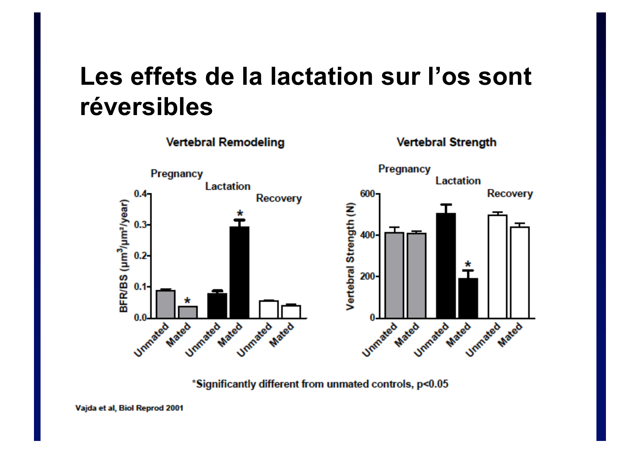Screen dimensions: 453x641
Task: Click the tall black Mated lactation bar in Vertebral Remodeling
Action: [x=240, y=272]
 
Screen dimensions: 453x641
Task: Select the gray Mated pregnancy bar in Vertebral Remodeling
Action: [x=188, y=312]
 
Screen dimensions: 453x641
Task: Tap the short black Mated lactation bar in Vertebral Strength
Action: [x=468, y=298]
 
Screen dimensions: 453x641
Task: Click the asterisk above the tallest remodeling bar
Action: [x=240, y=214]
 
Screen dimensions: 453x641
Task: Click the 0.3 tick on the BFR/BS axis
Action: [x=140, y=225]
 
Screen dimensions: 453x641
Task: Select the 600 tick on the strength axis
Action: [x=367, y=194]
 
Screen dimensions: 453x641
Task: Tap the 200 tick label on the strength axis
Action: [x=367, y=277]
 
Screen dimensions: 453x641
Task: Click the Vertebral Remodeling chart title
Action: [x=225, y=142]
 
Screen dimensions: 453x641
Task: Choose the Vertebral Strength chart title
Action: [x=446, y=142]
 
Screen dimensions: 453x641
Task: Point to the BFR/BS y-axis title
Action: [x=124, y=256]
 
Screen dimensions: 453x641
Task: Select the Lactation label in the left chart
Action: [x=228, y=186]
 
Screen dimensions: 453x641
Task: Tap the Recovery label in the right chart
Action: [x=510, y=194]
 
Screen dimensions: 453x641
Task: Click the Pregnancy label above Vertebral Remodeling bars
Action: [x=176, y=174]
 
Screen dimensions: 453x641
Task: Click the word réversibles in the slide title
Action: [x=146, y=107]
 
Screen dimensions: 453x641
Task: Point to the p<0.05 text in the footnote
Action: [x=432, y=384]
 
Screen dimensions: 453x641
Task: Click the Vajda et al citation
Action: [x=129, y=408]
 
